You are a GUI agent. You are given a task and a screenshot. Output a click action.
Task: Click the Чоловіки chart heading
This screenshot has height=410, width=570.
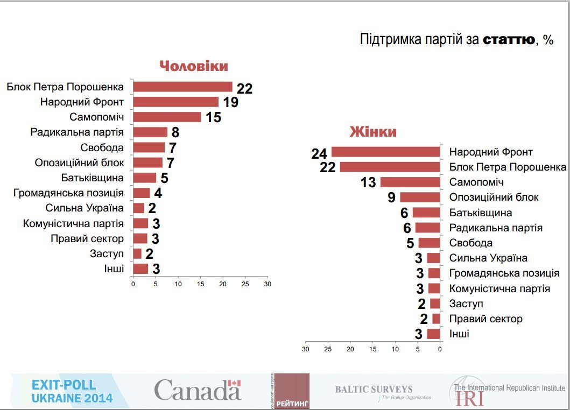(193, 66)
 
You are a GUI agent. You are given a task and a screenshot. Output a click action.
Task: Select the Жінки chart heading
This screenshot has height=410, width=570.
(373, 132)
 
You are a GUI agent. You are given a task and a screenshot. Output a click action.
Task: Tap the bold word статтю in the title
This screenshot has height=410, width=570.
(509, 39)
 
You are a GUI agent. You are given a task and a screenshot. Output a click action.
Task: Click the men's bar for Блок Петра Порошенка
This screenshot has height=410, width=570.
(182, 87)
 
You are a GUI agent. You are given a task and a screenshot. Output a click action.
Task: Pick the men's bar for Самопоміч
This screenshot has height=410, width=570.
(167, 117)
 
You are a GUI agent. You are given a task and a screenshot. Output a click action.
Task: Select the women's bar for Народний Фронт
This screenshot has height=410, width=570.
(385, 152)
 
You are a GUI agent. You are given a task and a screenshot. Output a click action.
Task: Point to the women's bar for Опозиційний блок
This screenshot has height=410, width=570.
(420, 197)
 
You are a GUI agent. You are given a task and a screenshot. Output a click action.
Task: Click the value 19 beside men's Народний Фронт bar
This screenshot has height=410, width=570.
(230, 102)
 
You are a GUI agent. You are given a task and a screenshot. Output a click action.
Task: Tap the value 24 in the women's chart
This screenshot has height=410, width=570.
(319, 154)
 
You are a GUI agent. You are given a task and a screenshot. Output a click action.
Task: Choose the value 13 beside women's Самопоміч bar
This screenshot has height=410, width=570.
(368, 183)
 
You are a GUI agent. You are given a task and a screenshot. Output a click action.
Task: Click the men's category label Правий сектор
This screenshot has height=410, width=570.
(87, 238)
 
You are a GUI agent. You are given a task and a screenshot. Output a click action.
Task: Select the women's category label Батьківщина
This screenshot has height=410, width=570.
(481, 213)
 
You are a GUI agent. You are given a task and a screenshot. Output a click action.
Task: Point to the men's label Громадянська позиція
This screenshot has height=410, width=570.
(68, 193)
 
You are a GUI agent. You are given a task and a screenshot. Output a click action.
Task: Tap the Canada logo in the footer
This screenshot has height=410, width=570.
(198, 390)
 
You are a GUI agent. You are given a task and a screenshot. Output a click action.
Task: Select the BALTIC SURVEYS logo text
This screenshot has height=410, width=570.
(374, 389)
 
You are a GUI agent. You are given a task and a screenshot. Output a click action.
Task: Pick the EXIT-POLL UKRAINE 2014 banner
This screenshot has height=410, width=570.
(72, 391)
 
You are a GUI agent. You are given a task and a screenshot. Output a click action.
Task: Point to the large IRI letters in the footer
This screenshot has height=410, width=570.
(469, 399)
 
